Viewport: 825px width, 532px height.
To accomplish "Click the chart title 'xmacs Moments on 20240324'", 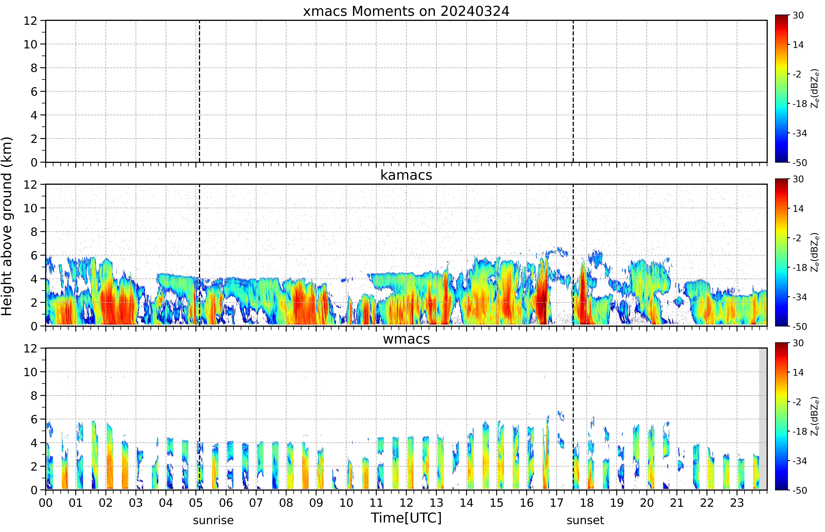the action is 406,11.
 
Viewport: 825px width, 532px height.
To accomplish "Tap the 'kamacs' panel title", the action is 406,175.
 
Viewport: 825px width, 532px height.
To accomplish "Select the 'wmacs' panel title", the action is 406,339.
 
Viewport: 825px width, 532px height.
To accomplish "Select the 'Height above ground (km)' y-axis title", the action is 7,226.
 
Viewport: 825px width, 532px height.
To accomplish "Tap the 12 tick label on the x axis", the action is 406,503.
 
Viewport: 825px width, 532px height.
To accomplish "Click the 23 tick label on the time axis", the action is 737,503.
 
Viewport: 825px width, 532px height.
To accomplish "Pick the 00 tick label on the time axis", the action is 46,503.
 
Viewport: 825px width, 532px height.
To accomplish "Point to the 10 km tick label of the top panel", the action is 30,44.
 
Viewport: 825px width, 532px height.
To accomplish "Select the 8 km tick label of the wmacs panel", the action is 34,396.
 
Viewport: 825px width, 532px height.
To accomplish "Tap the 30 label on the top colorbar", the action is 798,16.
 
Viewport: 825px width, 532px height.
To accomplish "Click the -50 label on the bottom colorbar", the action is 800,490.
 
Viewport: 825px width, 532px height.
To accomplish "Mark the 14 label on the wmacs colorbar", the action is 798,372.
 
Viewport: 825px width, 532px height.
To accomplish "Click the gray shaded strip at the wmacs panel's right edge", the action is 763,419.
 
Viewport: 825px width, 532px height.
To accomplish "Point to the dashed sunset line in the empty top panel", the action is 573,91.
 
